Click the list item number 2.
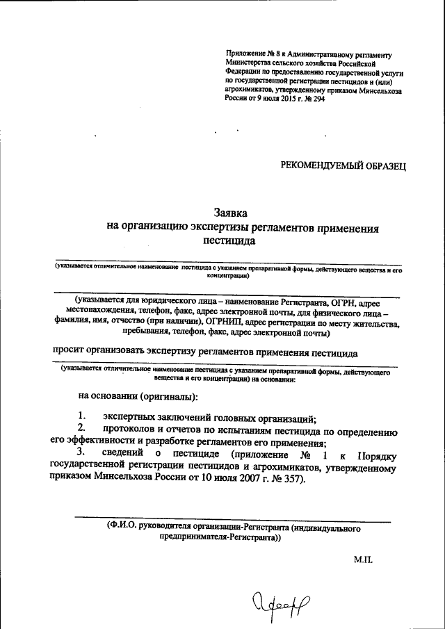pos(81,430)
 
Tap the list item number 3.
pos(81,455)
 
